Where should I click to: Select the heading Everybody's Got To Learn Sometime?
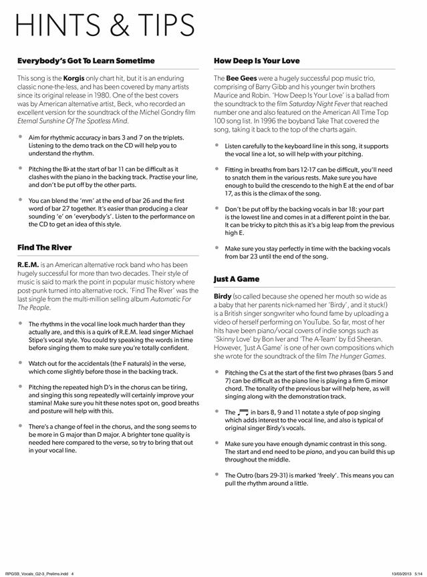[86, 61]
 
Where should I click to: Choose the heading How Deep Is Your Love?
[257, 61]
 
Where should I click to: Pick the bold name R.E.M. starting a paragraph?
[30, 265]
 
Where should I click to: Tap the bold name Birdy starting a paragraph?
[223, 295]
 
